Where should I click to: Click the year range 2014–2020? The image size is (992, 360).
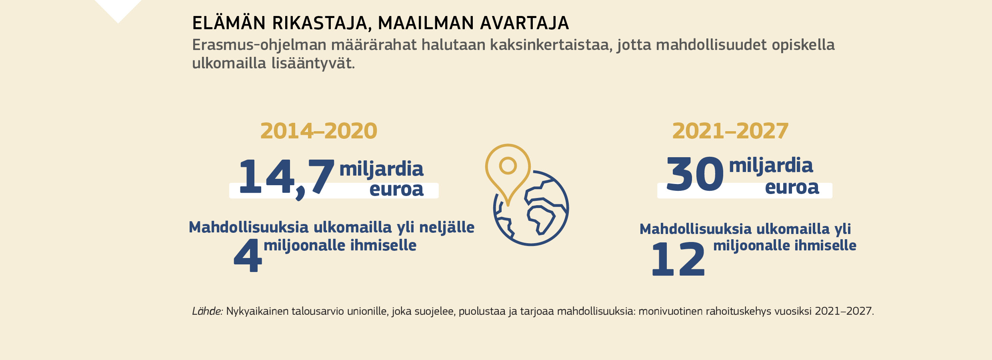pyautogui.click(x=318, y=131)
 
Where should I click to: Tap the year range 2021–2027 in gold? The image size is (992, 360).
pyautogui.click(x=730, y=131)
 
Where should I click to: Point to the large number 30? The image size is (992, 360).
pyautogui.click(x=695, y=174)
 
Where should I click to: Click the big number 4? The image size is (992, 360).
pyautogui.click(x=248, y=256)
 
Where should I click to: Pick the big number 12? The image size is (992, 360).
pyautogui.click(x=678, y=259)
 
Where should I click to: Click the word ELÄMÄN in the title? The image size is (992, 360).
pyautogui.click(x=229, y=23)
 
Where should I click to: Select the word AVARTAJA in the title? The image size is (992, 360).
pyautogui.click(x=524, y=23)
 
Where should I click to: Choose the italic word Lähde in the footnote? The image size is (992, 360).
pyautogui.click(x=207, y=311)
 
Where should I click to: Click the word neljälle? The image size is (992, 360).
pyautogui.click(x=446, y=228)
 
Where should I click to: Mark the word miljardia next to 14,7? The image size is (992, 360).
pyautogui.click(x=381, y=169)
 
